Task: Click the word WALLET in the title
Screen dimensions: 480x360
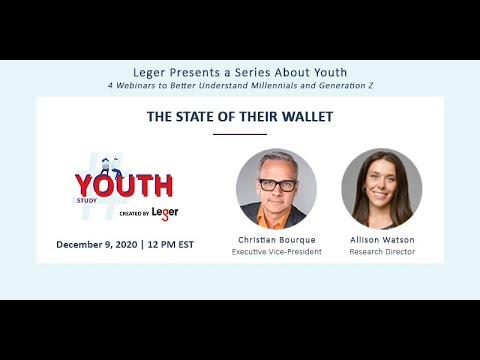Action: pyautogui.click(x=307, y=117)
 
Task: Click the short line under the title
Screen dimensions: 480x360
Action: pyautogui.click(x=240, y=134)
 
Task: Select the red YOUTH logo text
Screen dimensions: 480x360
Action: pyautogui.click(x=124, y=185)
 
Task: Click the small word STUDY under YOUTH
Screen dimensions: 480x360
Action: pyautogui.click(x=87, y=201)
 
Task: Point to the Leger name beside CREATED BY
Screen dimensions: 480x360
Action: pyautogui.click(x=165, y=213)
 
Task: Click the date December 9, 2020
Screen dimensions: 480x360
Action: pyautogui.click(x=97, y=245)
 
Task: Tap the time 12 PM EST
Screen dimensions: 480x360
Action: pyautogui.click(x=170, y=245)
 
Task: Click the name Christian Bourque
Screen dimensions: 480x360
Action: pyautogui.click(x=277, y=240)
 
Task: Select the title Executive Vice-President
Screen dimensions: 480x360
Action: pyautogui.click(x=277, y=252)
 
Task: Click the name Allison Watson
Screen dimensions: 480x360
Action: pyautogui.click(x=382, y=240)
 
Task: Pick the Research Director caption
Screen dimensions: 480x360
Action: pyautogui.click(x=382, y=252)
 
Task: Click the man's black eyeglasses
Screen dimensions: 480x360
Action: pyautogui.click(x=278, y=185)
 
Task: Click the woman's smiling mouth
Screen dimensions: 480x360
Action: pyautogui.click(x=380, y=194)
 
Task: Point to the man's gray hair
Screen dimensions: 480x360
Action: pyautogui.click(x=277, y=163)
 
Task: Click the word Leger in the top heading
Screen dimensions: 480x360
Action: pyautogui.click(x=149, y=73)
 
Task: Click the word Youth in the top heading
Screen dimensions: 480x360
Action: pyautogui.click(x=331, y=72)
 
